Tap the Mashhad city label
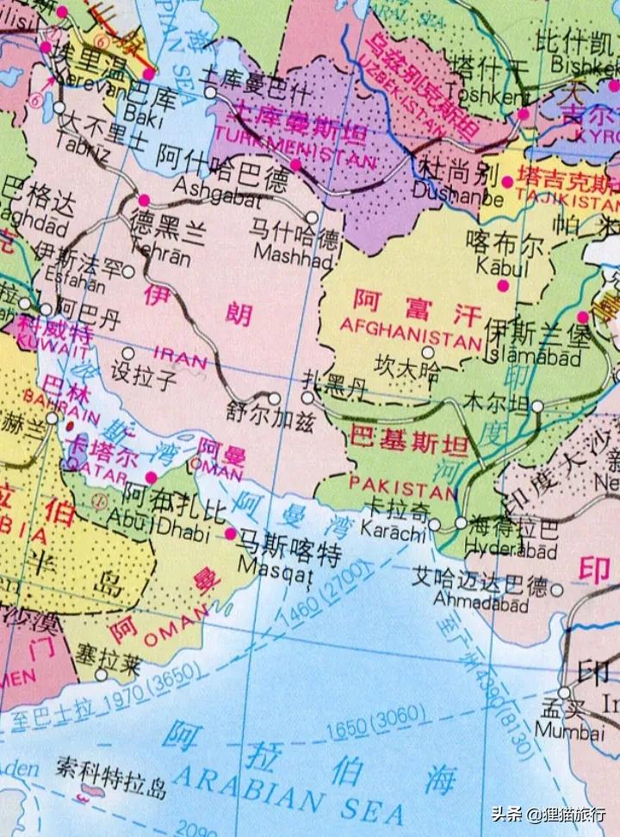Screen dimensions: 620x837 click(294, 257)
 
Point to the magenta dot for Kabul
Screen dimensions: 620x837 click(503, 285)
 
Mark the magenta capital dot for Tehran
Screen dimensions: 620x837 click(144, 200)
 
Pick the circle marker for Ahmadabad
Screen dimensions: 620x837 click(556, 591)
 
